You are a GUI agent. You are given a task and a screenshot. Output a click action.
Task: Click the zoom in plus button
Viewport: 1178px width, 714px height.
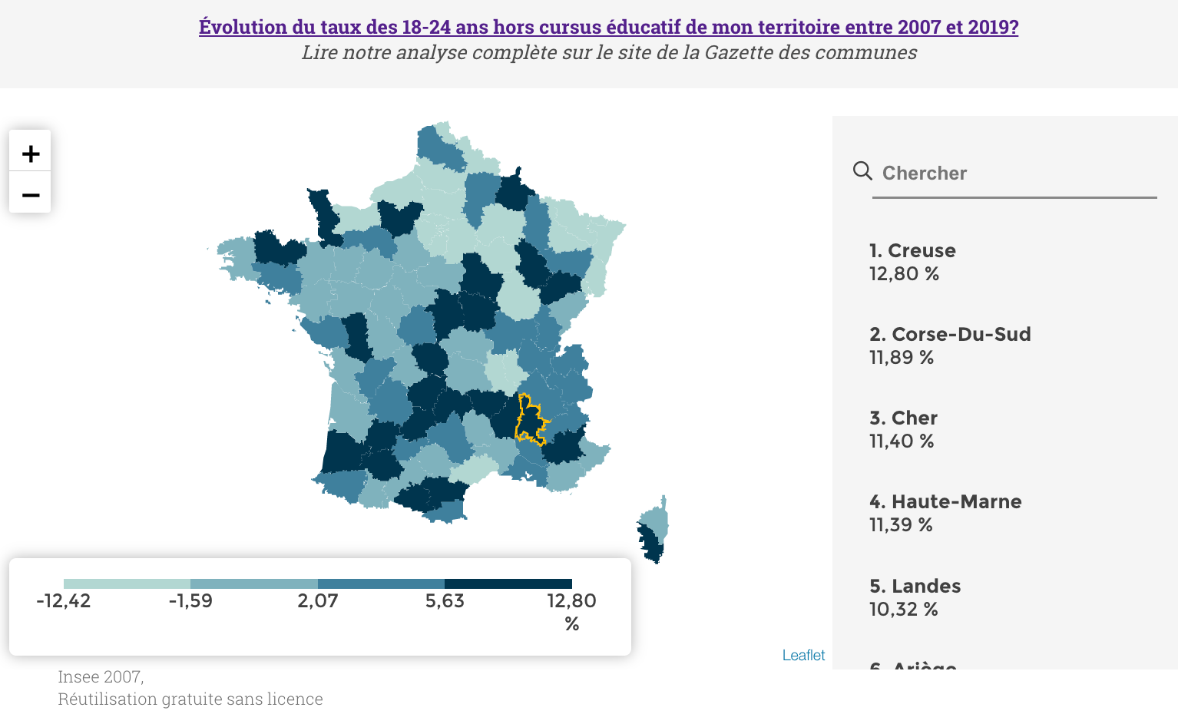click(31, 154)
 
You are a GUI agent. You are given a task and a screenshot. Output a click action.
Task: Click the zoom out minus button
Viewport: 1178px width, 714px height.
click(31, 195)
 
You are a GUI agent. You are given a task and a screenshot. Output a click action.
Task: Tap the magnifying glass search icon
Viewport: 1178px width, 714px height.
click(862, 170)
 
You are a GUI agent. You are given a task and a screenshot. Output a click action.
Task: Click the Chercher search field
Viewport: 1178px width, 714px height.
click(1014, 174)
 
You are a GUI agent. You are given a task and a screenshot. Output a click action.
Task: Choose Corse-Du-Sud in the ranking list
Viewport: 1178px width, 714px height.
click(950, 335)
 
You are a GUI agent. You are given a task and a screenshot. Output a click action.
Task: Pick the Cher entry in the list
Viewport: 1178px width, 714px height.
click(903, 418)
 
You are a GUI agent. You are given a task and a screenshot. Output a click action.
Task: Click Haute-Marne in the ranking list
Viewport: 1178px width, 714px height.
click(945, 502)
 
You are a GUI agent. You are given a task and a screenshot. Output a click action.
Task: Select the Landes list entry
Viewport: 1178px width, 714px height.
click(915, 587)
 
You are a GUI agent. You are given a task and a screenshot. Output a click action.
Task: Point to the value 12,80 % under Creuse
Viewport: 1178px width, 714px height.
click(904, 274)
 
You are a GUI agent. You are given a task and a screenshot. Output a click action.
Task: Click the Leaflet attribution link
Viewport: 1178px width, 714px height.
click(803, 656)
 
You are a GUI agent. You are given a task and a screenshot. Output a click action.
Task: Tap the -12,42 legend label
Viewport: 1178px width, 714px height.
click(64, 601)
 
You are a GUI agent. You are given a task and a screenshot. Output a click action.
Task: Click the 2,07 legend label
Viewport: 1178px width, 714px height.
click(318, 601)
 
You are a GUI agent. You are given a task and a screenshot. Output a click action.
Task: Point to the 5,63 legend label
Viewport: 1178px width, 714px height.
click(445, 601)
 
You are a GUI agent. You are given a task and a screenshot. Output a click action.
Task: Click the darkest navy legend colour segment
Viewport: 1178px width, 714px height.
click(508, 583)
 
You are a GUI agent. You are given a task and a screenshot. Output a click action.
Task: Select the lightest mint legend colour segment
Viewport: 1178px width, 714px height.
click(127, 583)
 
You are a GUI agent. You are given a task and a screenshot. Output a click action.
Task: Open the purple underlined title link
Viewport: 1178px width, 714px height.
click(608, 27)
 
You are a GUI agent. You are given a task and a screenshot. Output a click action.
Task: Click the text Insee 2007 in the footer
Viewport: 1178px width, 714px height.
click(101, 677)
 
